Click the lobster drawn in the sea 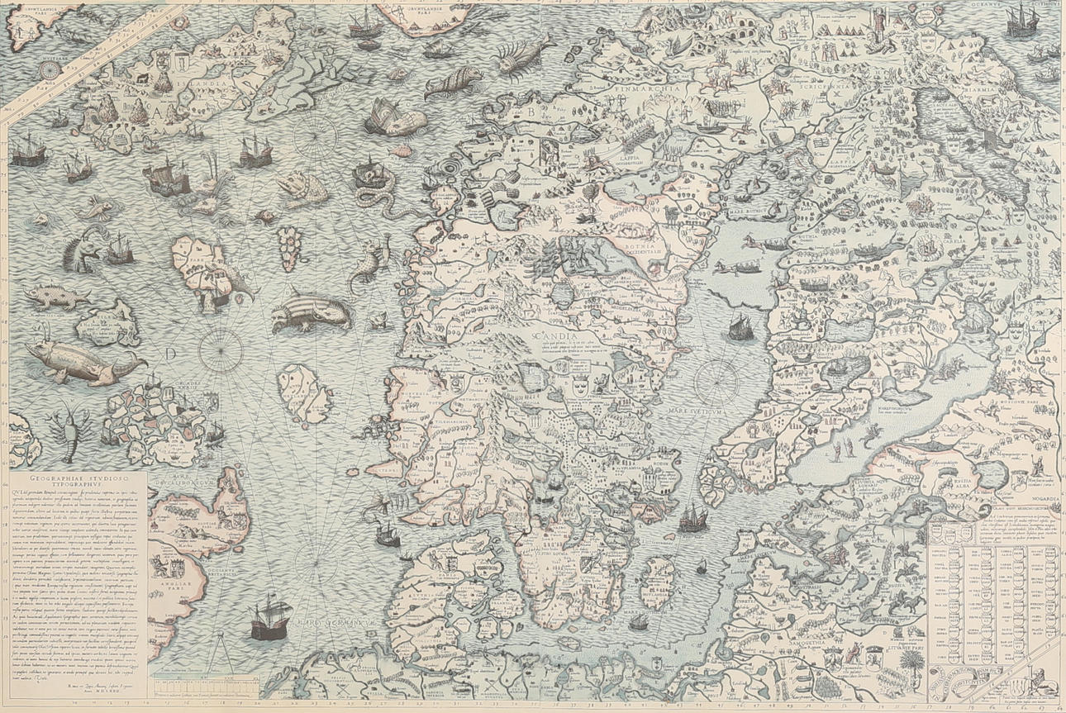pyautogui.click(x=63, y=428)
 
